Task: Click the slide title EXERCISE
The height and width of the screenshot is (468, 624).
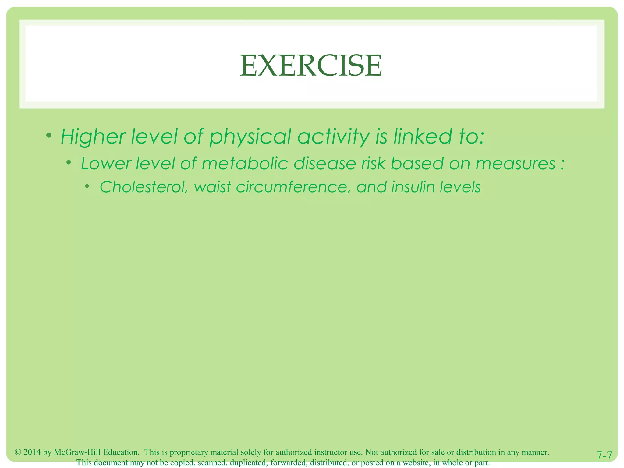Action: coord(311,66)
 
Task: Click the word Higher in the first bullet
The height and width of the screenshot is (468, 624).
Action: coord(93,136)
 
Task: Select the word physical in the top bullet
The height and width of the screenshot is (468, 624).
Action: coord(250,137)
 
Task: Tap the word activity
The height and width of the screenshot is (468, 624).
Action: coord(333,136)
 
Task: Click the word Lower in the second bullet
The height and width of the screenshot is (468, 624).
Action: coord(106,164)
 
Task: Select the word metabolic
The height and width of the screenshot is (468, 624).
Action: coord(245,164)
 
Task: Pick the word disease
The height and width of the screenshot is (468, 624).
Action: coord(325,164)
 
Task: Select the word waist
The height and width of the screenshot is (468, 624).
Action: coord(212,187)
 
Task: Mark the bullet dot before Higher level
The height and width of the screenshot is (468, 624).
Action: coord(49,135)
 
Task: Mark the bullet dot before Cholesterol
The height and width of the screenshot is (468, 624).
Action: coord(87,186)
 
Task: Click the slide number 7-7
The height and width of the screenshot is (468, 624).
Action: coord(604,456)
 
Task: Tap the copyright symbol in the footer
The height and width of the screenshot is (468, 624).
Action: coord(18,452)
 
